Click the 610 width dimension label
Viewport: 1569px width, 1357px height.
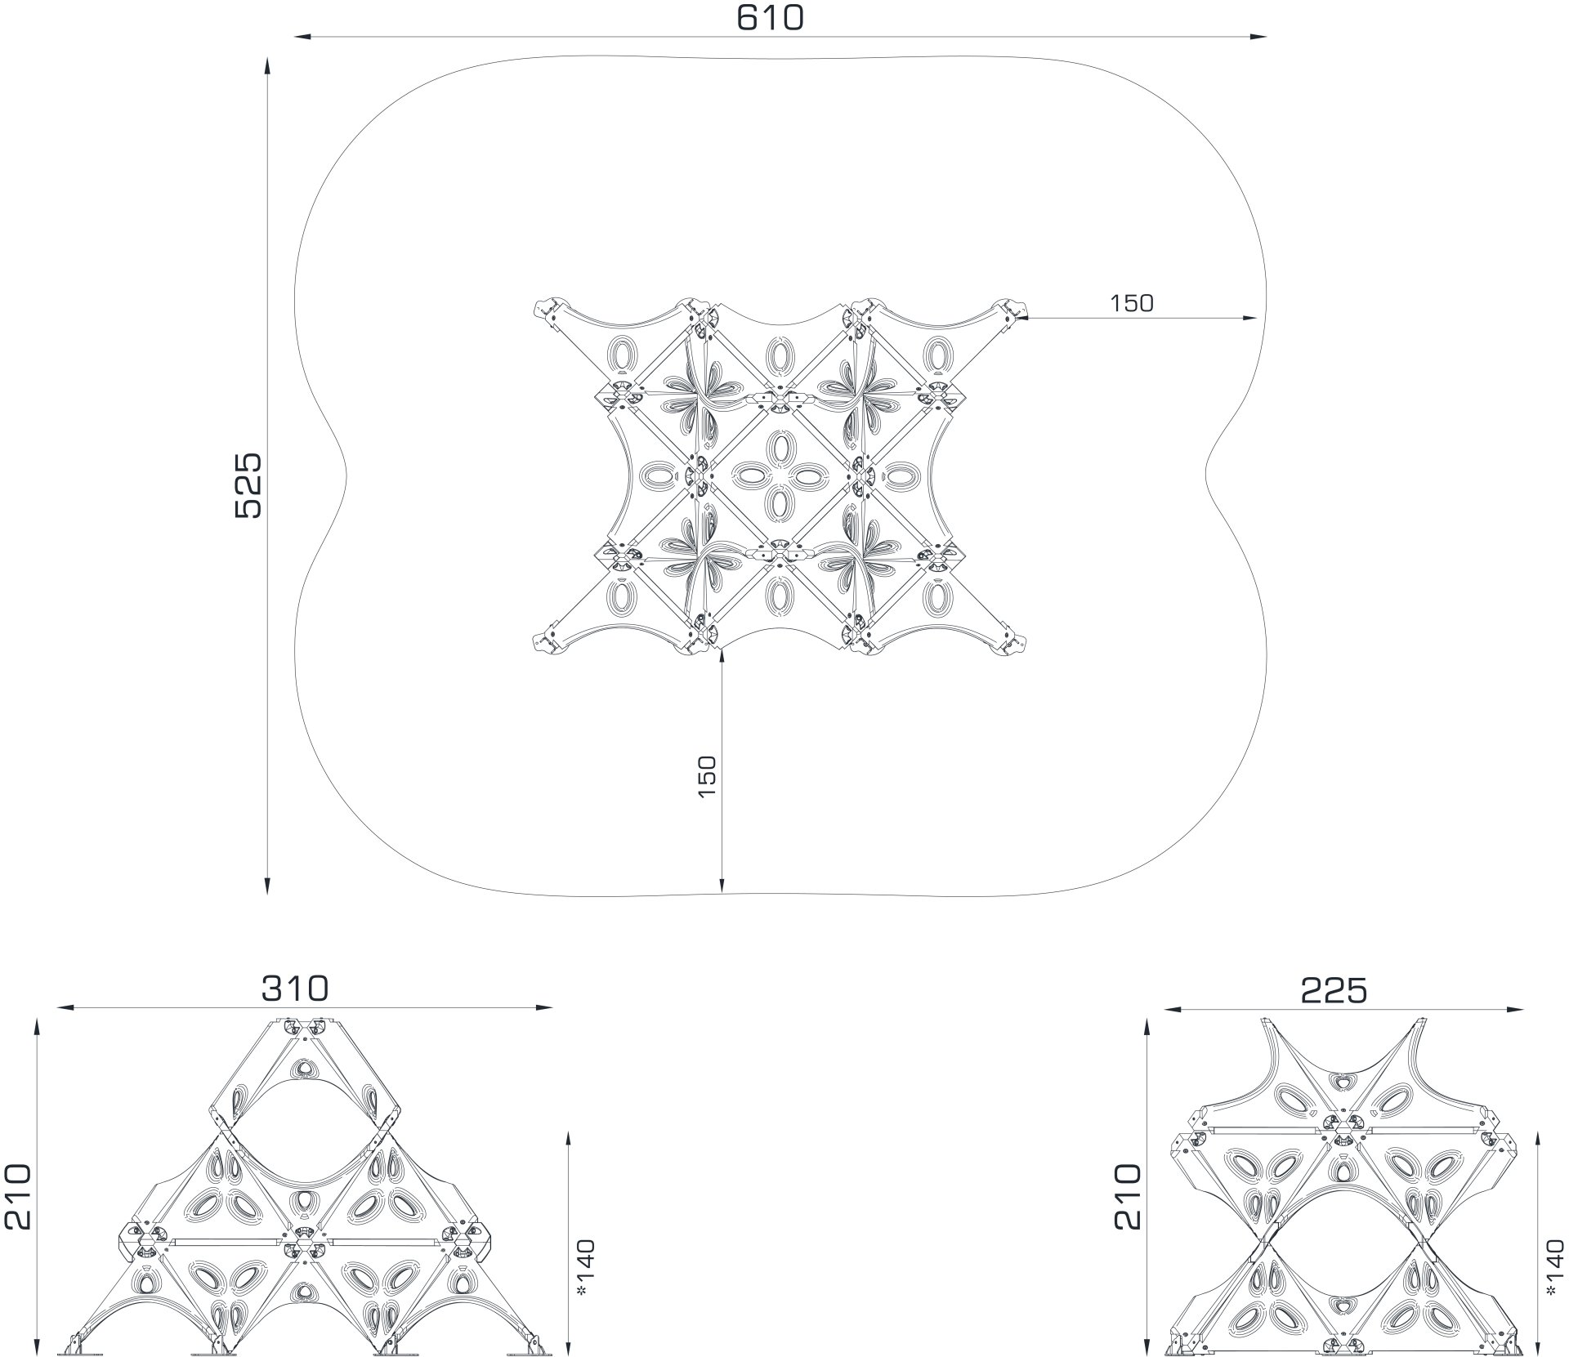click(770, 18)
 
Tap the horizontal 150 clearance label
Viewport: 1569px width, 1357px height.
click(1132, 303)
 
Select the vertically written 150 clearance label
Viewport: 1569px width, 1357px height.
click(707, 776)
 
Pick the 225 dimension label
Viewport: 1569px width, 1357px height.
click(1334, 991)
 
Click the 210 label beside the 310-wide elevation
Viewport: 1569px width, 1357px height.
click(17, 1197)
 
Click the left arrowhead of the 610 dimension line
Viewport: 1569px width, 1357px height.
click(302, 37)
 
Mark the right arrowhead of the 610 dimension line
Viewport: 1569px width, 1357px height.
click(1258, 37)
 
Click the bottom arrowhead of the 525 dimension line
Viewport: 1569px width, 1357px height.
click(268, 887)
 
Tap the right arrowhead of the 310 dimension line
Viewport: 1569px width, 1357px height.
click(546, 1007)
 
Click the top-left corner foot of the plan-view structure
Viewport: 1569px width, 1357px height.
click(547, 311)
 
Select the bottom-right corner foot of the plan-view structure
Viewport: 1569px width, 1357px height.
click(1012, 642)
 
